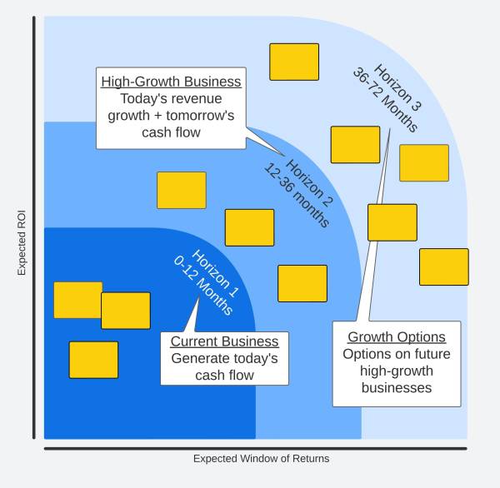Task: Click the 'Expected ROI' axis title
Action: [x=22, y=243]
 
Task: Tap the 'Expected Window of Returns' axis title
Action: [x=261, y=459]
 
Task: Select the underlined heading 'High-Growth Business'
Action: [x=171, y=82]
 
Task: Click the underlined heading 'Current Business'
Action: [x=224, y=341]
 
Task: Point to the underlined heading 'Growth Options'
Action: [x=397, y=337]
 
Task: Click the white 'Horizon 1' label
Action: [x=215, y=273]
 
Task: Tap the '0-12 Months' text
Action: [x=203, y=286]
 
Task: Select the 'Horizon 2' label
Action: [x=309, y=182]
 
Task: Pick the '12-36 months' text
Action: [x=297, y=195]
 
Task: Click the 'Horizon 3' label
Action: [x=397, y=87]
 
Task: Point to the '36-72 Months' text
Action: [x=385, y=99]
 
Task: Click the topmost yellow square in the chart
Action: [x=294, y=62]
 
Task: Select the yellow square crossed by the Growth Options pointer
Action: [x=392, y=222]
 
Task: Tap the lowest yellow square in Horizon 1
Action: [x=93, y=360]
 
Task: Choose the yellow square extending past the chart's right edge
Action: [x=444, y=266]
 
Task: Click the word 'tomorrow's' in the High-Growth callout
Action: [x=200, y=116]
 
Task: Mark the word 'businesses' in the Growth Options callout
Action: [x=397, y=388]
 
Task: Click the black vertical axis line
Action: [x=34, y=227]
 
